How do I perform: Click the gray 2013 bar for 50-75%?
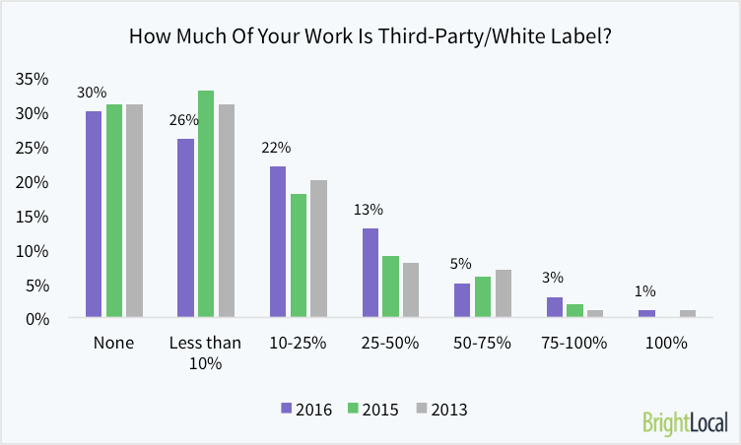coord(503,293)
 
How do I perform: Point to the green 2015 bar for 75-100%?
coord(574,311)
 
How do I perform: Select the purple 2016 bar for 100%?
coord(646,314)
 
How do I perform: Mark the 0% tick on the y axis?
coord(36,318)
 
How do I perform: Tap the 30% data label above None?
coord(93,93)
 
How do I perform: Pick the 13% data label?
coord(370,209)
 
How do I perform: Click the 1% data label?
coord(646,291)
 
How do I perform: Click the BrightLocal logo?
coord(684,422)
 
